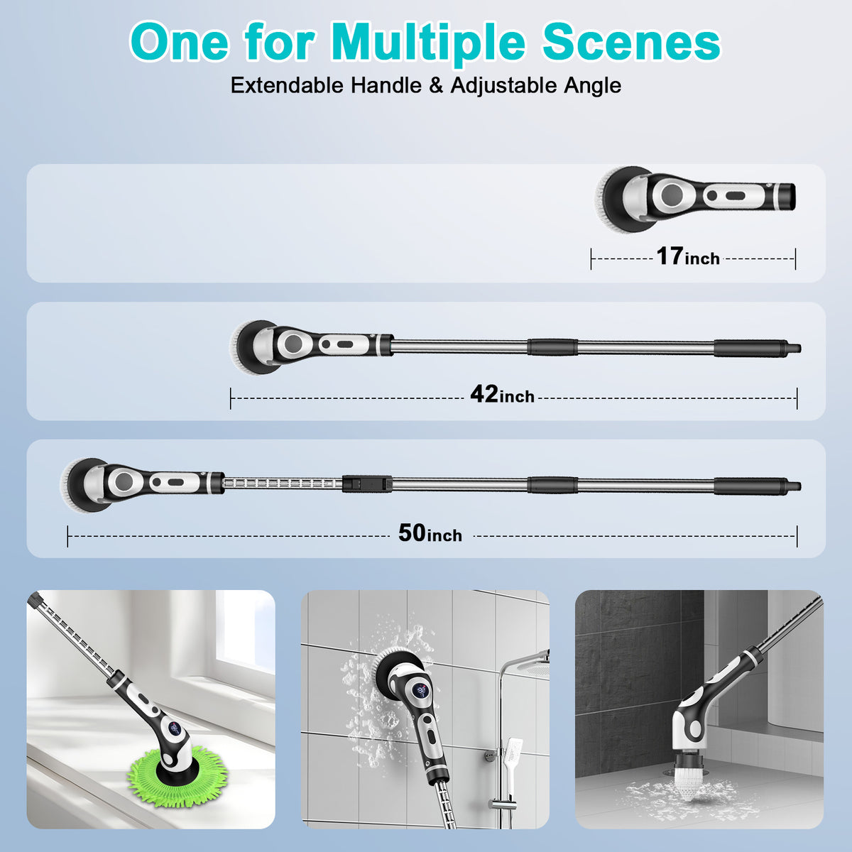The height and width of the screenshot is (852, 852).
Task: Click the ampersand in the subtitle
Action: [x=436, y=86]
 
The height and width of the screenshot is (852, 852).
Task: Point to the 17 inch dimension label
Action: [x=687, y=257]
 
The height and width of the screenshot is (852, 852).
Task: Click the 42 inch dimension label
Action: [x=502, y=395]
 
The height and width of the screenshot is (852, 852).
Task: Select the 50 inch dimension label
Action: [x=430, y=533]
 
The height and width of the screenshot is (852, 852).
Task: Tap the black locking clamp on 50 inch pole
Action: [x=365, y=484]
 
